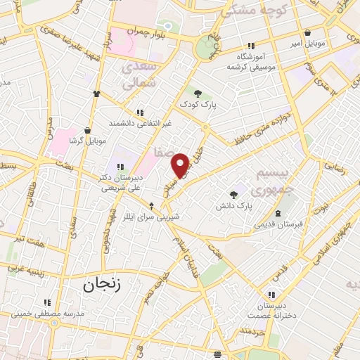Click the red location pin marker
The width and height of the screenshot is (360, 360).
coord(181,165)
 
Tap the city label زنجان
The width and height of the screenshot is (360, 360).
coord(102,285)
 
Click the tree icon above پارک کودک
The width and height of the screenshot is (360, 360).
coord(198,92)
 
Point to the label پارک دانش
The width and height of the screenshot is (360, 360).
coord(233,206)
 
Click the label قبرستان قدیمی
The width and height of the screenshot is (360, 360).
coord(280,224)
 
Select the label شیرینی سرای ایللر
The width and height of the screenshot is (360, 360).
coord(150,217)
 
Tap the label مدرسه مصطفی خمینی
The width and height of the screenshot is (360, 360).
coord(47,312)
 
